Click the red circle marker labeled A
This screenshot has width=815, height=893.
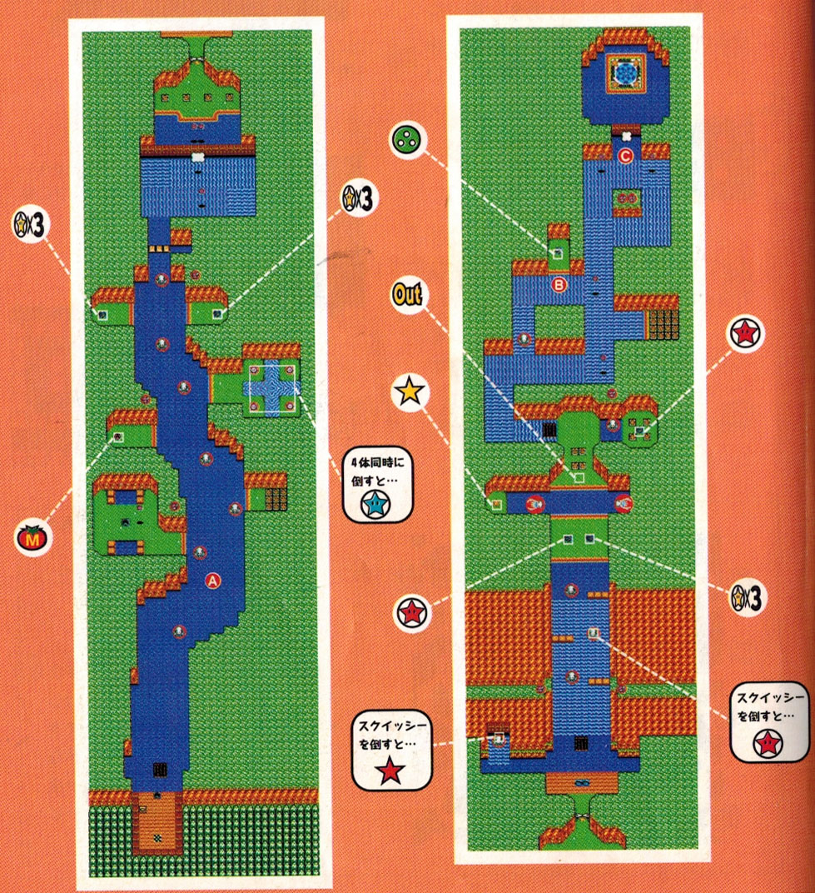pos(212,581)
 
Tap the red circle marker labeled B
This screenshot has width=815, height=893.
pos(559,284)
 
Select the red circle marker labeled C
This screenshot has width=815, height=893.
pos(625,156)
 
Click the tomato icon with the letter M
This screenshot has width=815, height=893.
pos(32,537)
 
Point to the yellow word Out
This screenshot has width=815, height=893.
pos(408,294)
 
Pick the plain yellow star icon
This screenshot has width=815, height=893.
pos(410,392)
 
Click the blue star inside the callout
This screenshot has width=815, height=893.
pos(375,504)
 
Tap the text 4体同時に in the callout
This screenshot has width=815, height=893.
pos(378,461)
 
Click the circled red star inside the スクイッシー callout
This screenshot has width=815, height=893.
pos(768,743)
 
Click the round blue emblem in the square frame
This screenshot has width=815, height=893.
pos(626,73)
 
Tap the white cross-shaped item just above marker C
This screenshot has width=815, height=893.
pos(626,136)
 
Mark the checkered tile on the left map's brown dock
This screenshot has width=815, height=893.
pos(157,838)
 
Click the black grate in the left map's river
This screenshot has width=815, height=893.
pos(160,770)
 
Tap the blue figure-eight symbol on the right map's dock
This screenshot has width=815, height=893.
pos(581,783)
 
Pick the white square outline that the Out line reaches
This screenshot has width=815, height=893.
pos(579,478)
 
